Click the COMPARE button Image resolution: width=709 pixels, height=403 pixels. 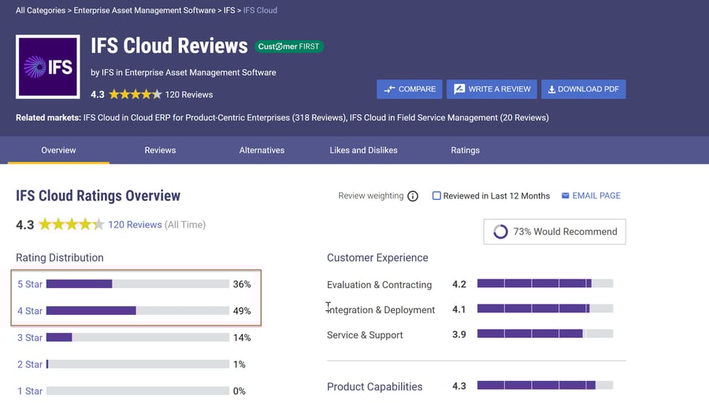pos(410,89)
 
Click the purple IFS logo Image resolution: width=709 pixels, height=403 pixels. pos(47,67)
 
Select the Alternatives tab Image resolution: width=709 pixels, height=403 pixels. pos(262,150)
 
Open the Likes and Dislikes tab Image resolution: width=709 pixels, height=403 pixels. pos(363,150)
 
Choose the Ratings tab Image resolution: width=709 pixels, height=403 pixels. pos(465,150)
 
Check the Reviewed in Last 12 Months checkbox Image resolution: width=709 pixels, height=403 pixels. pos(436,196)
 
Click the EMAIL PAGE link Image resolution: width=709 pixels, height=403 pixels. pos(591,196)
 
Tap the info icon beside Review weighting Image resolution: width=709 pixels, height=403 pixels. pos(413,196)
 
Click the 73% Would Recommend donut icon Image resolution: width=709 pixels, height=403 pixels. pos(500,231)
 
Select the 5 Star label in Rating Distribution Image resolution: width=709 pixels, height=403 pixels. pos(30,284)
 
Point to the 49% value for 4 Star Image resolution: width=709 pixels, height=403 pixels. pos(242,311)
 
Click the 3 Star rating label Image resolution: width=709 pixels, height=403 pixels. pos(30,338)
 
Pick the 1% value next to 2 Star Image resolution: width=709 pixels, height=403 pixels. pos(239,364)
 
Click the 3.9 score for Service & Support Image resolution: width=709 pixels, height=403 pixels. pos(459,335)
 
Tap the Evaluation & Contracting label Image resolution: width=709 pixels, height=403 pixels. pos(379,285)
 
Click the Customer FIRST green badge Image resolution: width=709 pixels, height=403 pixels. pos(289,46)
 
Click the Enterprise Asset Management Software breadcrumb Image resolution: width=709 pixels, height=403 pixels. pos(145,10)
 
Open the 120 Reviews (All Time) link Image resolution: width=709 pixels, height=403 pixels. pos(135,224)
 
